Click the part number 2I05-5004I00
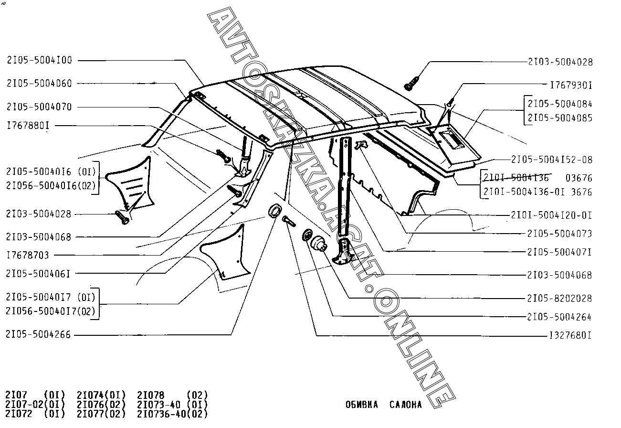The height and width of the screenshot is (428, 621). (40, 60)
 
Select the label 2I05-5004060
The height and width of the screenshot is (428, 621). (40, 84)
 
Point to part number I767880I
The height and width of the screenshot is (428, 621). (28, 126)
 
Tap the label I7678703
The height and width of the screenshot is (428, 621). (28, 255)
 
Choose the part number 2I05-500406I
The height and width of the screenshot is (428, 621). (39, 274)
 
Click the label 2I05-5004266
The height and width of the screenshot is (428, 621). (39, 335)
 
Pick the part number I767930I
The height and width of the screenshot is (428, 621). (571, 85)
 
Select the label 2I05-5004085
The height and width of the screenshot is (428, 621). (560, 118)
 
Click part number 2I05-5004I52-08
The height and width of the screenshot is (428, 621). (552, 159)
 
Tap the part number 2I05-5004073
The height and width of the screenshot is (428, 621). (559, 234)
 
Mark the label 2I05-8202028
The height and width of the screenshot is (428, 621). (559, 298)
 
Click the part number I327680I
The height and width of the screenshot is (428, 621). (570, 335)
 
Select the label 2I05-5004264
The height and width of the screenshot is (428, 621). (559, 317)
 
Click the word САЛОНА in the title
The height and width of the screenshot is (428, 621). (405, 405)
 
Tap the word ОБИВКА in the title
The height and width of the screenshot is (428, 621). (361, 405)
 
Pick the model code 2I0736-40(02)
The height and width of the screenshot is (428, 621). (172, 414)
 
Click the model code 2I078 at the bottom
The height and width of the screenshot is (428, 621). (151, 395)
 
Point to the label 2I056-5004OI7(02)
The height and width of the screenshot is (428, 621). (51, 311)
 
